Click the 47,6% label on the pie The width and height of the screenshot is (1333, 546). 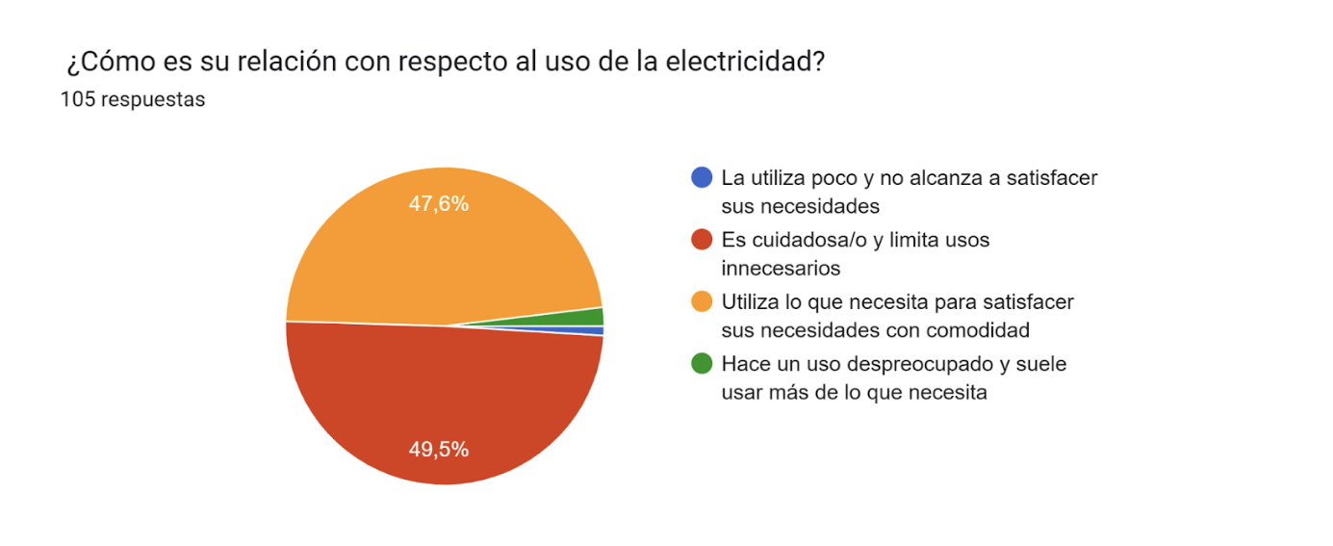[438, 203]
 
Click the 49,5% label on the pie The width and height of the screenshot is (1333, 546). [438, 449]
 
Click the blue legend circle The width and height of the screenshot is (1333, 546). [703, 177]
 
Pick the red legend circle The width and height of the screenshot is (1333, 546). [703, 240]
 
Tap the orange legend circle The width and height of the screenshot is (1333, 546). [703, 301]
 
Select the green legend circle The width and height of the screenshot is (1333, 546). [703, 364]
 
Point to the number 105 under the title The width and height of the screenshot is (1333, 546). [77, 99]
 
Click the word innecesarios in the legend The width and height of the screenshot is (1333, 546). [781, 268]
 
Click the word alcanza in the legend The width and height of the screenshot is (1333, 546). [931, 178]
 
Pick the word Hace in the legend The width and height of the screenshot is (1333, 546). [743, 364]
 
